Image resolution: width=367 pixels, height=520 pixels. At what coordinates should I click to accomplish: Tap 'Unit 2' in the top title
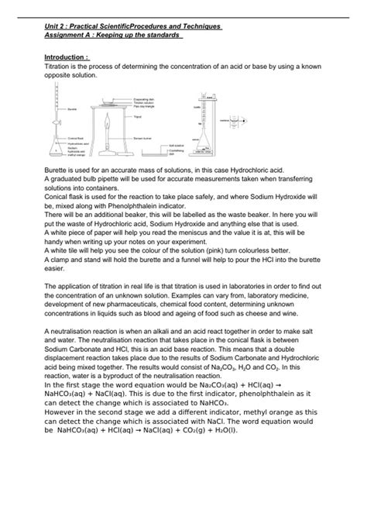pyautogui.click(x=57, y=26)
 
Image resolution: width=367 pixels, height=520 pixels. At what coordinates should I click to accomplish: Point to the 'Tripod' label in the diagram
pyautogui.click(x=138, y=117)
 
